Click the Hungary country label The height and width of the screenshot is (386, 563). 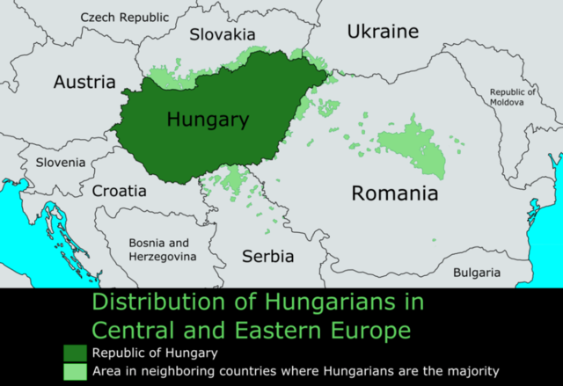(208, 120)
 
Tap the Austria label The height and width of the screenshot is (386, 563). (84, 83)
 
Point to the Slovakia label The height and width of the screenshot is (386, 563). (221, 34)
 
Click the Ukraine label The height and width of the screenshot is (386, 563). (382, 32)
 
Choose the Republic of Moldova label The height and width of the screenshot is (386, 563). (512, 97)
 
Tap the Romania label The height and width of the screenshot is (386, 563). (394, 193)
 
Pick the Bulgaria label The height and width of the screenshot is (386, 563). (476, 273)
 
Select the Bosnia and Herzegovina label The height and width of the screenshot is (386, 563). (158, 249)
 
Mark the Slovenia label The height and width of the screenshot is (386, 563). (61, 163)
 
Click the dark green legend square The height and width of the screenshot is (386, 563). (75, 353)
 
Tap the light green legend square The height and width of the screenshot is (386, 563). (75, 371)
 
